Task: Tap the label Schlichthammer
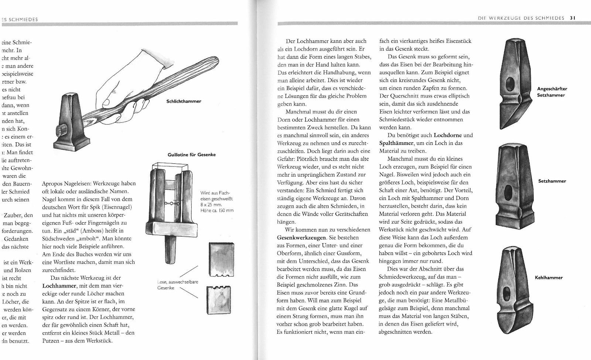pyautogui.click(x=184, y=101)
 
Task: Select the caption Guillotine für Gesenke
pyautogui.click(x=192, y=154)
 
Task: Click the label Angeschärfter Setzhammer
pyautogui.click(x=552, y=92)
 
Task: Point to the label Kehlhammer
pyautogui.click(x=549, y=278)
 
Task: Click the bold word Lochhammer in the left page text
pyautogui.click(x=55, y=286)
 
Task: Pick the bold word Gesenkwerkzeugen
pyautogui.click(x=301, y=237)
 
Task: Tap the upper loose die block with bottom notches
pyautogui.click(x=221, y=259)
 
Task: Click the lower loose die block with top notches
pyautogui.click(x=221, y=302)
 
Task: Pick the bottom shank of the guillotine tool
pyautogui.click(x=170, y=250)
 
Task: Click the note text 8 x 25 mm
pyautogui.click(x=211, y=204)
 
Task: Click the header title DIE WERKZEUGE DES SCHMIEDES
pyautogui.click(x=521, y=18)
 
